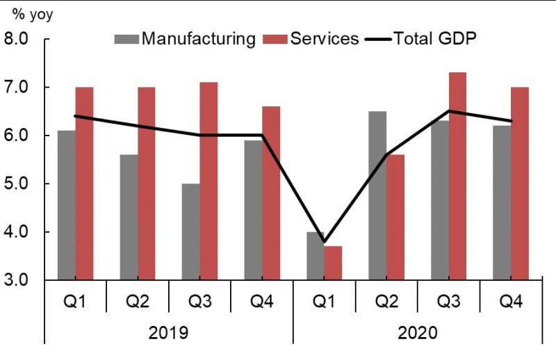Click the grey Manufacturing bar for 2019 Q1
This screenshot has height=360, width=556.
pos(67,205)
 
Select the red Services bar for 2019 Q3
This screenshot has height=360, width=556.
pos(208,181)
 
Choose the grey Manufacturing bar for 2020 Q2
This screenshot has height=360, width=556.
pos(377,195)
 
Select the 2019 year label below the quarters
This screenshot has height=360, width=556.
pos(168,332)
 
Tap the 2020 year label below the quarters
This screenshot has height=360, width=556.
pos(417,332)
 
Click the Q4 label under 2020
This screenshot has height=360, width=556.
pos(511,301)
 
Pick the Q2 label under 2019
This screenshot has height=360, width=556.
pos(138,301)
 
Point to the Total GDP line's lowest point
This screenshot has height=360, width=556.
pos(324,241)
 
